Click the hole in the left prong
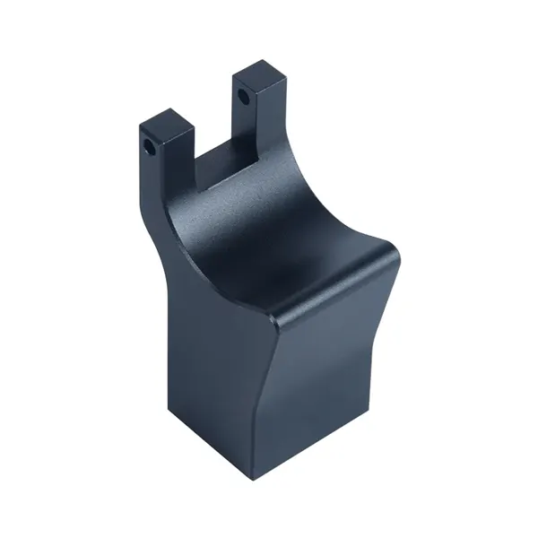[147, 143]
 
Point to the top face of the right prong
[262, 74]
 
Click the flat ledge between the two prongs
[225, 169]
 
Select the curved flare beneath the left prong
[161, 224]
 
